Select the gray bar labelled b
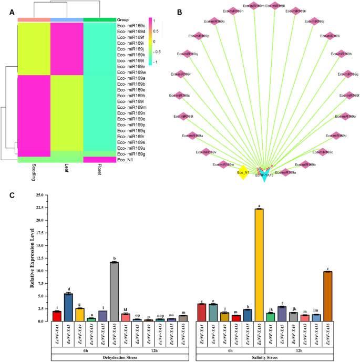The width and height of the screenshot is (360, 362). pyautogui.click(x=114, y=291)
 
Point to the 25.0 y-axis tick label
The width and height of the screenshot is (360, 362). pyautogui.click(x=42, y=195)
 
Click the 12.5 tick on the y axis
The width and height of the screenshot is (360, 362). pyautogui.click(x=42, y=258)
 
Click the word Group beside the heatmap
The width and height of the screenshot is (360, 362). pyautogui.click(x=124, y=19)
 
